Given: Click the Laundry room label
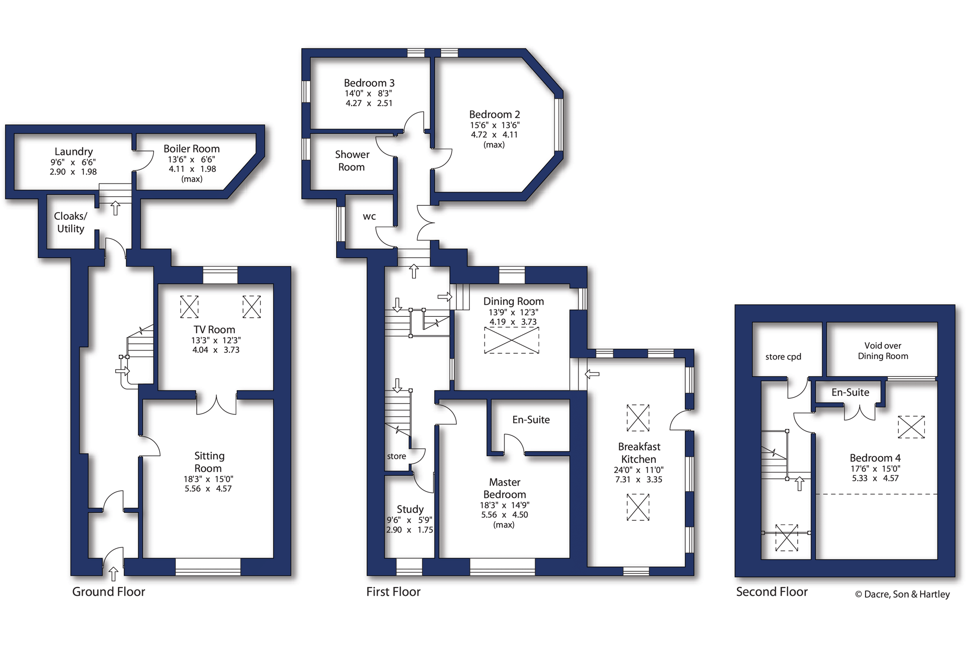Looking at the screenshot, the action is pyautogui.click(x=74, y=152).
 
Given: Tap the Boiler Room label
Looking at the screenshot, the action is pyautogui.click(x=192, y=149).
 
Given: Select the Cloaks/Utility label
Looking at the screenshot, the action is pyautogui.click(x=71, y=222).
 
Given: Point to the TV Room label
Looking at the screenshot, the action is pyautogui.click(x=214, y=330).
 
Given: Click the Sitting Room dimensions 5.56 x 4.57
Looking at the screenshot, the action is pyautogui.click(x=208, y=489).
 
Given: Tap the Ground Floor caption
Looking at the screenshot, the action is pyautogui.click(x=108, y=592).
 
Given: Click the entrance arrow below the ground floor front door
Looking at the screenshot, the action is pyautogui.click(x=113, y=574).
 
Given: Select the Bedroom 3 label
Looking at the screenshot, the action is pyautogui.click(x=369, y=83).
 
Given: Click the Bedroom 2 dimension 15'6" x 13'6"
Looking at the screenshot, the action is pyautogui.click(x=495, y=125).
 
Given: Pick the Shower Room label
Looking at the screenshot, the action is pyautogui.click(x=352, y=161).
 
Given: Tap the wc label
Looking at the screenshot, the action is pyautogui.click(x=369, y=217).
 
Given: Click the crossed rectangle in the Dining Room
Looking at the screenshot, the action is pyautogui.click(x=512, y=340).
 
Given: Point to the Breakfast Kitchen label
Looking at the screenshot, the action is pyautogui.click(x=639, y=453).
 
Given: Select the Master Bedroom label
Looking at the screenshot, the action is pyautogui.click(x=504, y=488).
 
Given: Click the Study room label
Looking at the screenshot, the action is pyautogui.click(x=410, y=509).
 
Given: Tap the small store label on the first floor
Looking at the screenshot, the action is pyautogui.click(x=396, y=456).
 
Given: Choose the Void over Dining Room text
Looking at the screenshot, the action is pyautogui.click(x=883, y=351).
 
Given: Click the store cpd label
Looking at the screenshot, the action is pyautogui.click(x=783, y=357).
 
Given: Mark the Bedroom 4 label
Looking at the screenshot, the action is pyautogui.click(x=875, y=458).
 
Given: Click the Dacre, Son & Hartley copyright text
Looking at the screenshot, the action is pyautogui.click(x=902, y=594).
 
